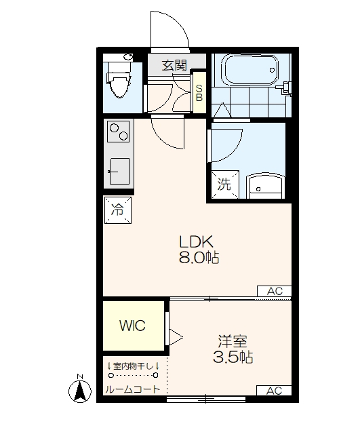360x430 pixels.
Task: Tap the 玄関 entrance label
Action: coord(174,65)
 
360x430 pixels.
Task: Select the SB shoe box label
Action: coord(199,92)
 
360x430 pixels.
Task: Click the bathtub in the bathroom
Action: coord(251,70)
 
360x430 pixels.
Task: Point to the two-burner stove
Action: coord(118,132)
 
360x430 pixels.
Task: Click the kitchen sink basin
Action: coord(119,172)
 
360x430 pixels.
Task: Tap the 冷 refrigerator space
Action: coord(118,210)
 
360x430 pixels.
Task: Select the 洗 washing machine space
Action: coord(225,184)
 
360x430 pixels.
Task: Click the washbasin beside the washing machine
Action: coord(264,186)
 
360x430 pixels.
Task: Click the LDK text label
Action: coord(197,242)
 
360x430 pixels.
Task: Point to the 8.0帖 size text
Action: coord(199,258)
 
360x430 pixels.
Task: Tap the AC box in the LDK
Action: coord(274,291)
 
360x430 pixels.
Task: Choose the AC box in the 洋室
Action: coord(274,391)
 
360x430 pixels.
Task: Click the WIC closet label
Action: coord(132,326)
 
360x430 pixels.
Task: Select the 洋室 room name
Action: coord(233,341)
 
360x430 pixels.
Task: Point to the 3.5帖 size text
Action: coord(233,357)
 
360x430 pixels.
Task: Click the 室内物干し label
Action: coord(133,366)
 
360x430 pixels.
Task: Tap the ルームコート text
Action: coord(133,389)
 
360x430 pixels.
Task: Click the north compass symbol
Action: coord(80,389)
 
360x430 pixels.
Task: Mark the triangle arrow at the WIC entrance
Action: coord(176,337)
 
